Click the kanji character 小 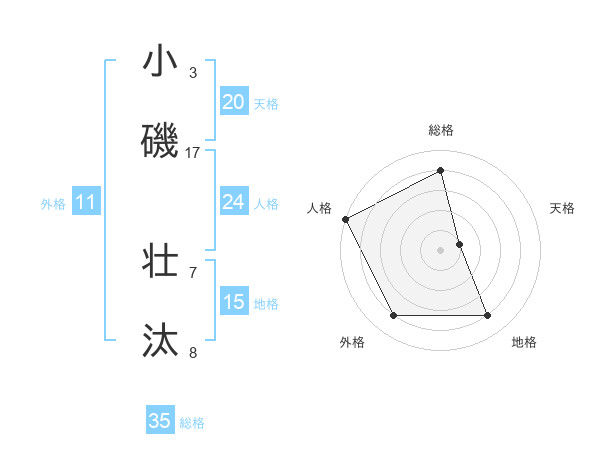[160, 62]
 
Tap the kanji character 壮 [160, 261]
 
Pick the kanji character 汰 [160, 340]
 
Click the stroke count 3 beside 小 [193, 73]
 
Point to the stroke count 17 [193, 152]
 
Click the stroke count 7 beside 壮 [193, 272]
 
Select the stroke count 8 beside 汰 [193, 352]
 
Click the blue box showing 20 [233, 102]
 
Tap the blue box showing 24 [233, 202]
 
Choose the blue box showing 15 [233, 302]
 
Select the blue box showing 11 [85, 202]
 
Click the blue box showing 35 [160, 421]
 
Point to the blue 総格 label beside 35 [192, 423]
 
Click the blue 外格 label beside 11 [53, 204]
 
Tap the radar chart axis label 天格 [562, 208]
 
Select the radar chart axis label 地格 [524, 342]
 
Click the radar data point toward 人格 [345, 219]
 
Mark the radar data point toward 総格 [441, 171]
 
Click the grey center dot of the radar [441, 249]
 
